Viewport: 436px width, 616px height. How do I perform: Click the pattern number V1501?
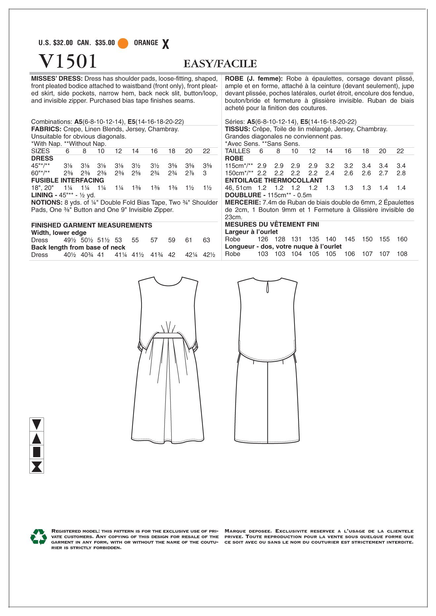point(68,61)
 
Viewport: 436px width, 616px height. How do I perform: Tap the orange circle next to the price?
point(123,43)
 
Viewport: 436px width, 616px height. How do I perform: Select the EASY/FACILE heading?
point(220,64)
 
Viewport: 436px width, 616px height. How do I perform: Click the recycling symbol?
point(39,537)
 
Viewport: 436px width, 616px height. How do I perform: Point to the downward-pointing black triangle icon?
point(37,424)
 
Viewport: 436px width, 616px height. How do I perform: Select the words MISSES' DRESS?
point(57,79)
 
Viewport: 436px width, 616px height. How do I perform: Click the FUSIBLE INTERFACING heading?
point(67,180)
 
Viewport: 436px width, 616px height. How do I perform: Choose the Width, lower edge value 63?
point(206,240)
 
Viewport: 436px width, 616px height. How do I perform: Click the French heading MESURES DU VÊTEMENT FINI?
point(272,225)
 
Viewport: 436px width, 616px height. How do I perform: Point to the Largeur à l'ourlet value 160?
point(402,239)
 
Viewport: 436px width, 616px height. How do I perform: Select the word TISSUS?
point(237,129)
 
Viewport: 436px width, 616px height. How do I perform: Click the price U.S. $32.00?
point(56,43)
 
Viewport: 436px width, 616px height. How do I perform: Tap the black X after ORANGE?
point(166,44)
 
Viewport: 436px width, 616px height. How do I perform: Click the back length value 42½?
point(209,255)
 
